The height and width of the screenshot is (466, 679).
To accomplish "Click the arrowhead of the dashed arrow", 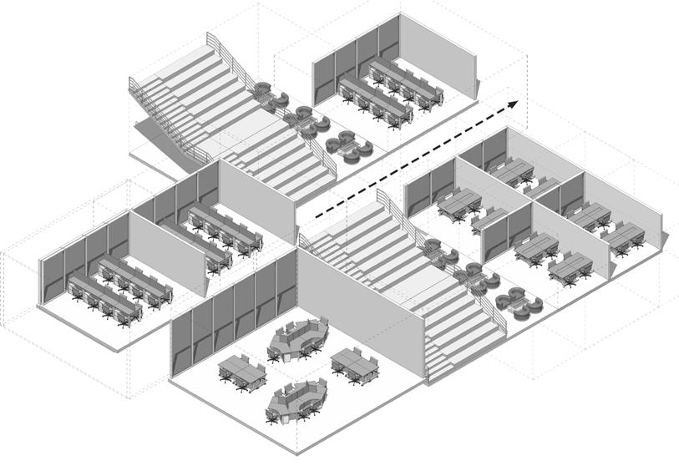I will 512,103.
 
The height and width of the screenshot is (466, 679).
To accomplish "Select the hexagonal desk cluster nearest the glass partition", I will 298,338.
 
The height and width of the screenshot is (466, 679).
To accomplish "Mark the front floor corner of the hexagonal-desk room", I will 296,452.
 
